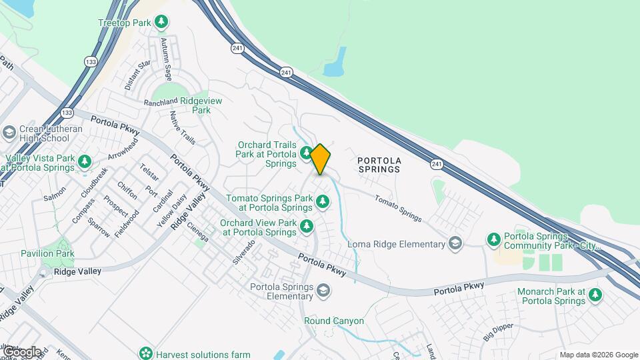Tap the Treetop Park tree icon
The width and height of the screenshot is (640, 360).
point(161,23)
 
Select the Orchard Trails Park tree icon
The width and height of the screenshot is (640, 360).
point(306,153)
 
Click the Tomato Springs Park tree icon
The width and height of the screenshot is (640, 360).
point(323,200)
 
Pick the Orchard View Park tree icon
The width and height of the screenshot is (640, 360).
point(306,226)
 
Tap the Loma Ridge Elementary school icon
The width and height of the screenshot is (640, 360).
point(455,243)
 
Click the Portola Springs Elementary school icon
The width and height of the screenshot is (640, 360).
point(323,291)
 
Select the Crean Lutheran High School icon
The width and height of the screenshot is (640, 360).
point(9,131)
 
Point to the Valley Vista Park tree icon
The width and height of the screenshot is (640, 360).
point(84,161)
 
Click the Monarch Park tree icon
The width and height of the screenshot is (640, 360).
point(595,294)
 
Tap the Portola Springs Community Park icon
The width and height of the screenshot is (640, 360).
point(493,239)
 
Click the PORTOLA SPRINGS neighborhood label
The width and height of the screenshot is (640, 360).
point(379,165)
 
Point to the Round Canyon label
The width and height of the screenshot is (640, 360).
point(334,321)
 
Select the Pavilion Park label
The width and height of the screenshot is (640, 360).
point(47,253)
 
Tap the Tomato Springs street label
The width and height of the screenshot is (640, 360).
point(398,208)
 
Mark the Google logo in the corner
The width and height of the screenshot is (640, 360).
point(21,351)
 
